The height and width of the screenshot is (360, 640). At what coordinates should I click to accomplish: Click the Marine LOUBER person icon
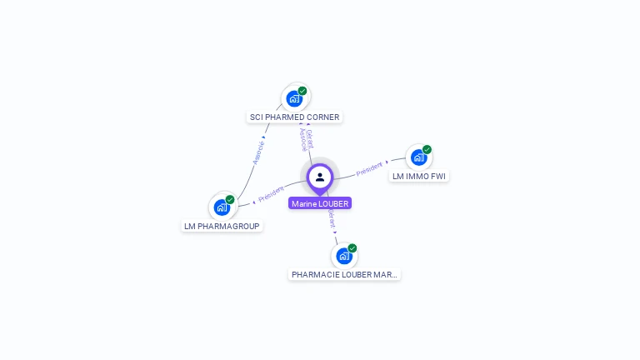[320, 177]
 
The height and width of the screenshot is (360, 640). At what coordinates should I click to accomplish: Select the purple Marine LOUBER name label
[320, 203]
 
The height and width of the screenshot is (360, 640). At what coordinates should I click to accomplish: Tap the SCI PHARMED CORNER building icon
[294, 98]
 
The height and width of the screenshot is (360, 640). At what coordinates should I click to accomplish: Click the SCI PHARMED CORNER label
[295, 117]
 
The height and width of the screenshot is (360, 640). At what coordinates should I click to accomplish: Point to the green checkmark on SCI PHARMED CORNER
[302, 91]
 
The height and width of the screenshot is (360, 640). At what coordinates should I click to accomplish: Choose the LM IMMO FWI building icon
[418, 157]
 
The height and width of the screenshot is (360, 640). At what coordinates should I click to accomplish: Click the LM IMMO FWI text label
[419, 177]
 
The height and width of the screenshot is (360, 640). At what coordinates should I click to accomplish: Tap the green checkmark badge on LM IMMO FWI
[427, 150]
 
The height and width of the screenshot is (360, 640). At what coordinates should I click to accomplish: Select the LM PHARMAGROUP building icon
[222, 207]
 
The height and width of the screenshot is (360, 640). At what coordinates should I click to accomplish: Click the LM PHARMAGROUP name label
[222, 226]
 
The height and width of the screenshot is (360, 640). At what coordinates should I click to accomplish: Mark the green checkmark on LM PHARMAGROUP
[230, 199]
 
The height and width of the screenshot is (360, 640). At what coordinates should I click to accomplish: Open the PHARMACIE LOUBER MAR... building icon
[344, 255]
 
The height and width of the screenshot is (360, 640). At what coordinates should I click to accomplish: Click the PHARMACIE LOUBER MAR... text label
[344, 274]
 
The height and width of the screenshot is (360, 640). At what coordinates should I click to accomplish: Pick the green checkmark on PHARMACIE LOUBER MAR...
[352, 248]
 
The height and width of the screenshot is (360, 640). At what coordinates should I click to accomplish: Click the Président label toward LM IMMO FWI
[369, 169]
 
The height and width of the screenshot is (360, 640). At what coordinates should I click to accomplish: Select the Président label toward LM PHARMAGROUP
[271, 194]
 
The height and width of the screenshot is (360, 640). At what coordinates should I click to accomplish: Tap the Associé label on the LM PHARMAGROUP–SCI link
[259, 151]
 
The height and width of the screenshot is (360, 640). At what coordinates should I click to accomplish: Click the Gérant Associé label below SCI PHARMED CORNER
[306, 139]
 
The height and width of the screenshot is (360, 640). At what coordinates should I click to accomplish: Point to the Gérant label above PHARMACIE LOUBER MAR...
[332, 218]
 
